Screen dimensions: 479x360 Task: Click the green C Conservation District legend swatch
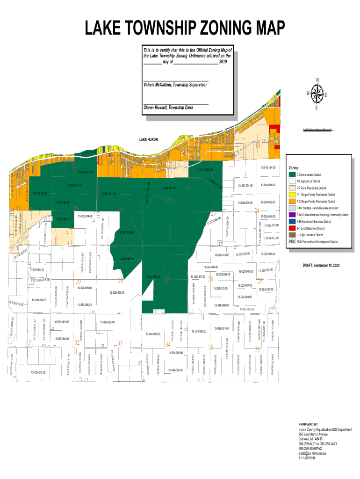tap(292, 174)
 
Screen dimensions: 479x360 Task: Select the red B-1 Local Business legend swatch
tap(292, 228)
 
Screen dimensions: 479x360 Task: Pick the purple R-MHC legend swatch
tap(292, 214)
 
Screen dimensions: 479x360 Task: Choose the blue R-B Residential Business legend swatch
tap(292, 221)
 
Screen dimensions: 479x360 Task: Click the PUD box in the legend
tap(292, 242)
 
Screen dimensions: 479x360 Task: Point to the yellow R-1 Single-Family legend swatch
tap(292, 194)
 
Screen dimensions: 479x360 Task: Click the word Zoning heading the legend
tap(294, 167)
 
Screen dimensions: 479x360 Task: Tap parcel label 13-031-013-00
tap(38, 372)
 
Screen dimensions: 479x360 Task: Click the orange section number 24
tap(256, 210)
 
